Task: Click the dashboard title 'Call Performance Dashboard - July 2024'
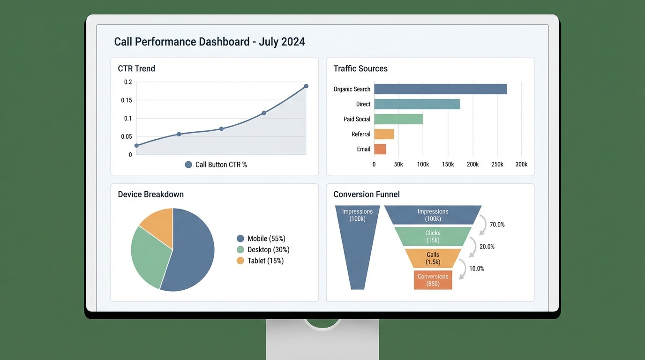click(210, 42)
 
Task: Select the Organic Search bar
click(440, 89)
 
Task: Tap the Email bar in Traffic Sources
click(380, 149)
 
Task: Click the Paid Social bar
click(398, 119)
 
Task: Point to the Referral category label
click(360, 134)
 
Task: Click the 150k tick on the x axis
click(448, 165)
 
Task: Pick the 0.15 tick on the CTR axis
click(127, 100)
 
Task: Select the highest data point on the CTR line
click(306, 86)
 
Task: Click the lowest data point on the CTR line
click(136, 146)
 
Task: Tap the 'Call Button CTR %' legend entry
click(216, 165)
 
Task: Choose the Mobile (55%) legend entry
click(261, 239)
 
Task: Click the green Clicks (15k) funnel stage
click(433, 236)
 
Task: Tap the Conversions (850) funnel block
click(433, 280)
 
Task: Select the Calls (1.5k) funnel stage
click(433, 258)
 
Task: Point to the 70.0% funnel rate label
click(497, 225)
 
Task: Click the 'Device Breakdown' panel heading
click(150, 194)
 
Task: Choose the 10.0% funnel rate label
click(476, 269)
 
